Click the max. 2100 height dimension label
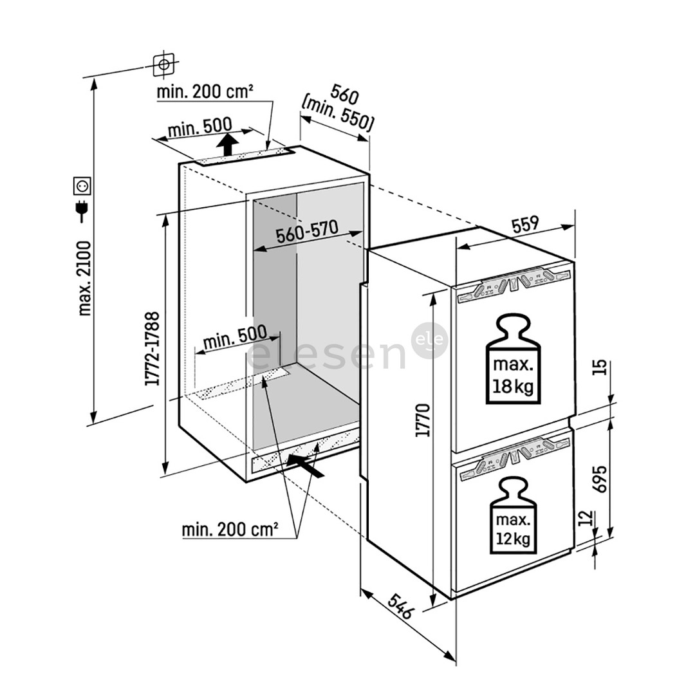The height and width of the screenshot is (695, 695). pyautogui.click(x=84, y=278)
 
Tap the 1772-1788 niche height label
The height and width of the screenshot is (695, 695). pyautogui.click(x=153, y=349)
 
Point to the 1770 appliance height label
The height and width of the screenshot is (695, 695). pyautogui.click(x=423, y=420)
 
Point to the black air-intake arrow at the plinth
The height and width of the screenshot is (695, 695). pyautogui.click(x=305, y=463)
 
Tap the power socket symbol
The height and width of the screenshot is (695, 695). pyautogui.click(x=83, y=186)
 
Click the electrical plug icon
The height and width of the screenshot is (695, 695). pyautogui.click(x=82, y=209)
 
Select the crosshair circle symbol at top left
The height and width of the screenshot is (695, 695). pyautogui.click(x=164, y=64)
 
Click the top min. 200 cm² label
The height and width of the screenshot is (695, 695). pyautogui.click(x=205, y=92)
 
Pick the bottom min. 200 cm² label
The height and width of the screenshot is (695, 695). pyautogui.click(x=230, y=530)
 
